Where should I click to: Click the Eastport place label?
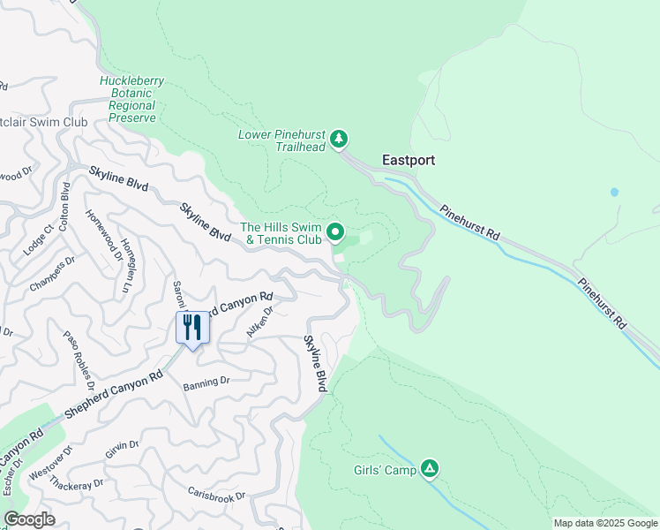(409, 161)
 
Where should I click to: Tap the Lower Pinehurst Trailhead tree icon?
(338, 139)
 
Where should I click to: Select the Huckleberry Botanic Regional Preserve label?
(132, 99)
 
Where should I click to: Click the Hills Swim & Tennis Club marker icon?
(335, 232)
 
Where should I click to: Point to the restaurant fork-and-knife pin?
(191, 328)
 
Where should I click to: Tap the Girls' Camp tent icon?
(430, 468)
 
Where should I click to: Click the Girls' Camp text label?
(384, 471)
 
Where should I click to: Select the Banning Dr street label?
(206, 382)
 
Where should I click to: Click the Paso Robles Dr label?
(79, 360)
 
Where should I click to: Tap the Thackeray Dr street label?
(77, 483)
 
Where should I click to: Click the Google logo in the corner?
(29, 519)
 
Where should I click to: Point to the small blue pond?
(614, 192)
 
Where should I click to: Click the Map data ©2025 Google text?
(605, 523)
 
